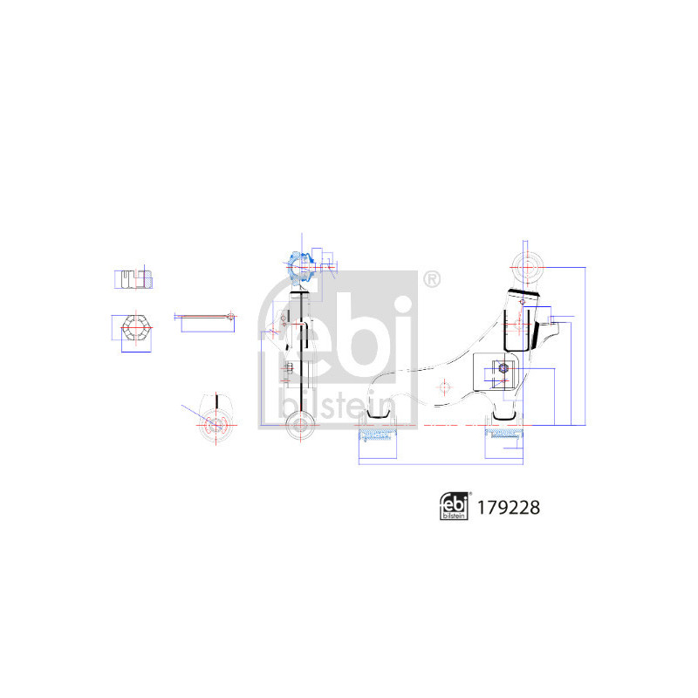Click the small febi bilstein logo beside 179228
[x=454, y=506]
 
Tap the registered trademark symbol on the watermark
[x=431, y=279]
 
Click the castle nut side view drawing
[x=134, y=279]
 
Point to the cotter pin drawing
[x=206, y=315]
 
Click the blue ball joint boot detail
[x=298, y=263]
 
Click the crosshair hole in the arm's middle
[x=444, y=387]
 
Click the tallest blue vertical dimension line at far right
[x=584, y=344]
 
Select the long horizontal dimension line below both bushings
[x=441, y=462]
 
